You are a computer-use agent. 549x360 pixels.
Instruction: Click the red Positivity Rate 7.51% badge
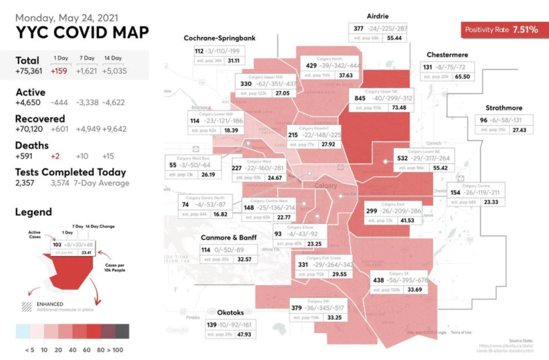[x=501, y=30]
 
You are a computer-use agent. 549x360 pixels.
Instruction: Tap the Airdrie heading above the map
[x=378, y=16]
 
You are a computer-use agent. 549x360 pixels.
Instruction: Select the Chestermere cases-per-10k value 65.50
[x=462, y=77]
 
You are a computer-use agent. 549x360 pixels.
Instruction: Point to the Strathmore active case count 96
[x=483, y=121]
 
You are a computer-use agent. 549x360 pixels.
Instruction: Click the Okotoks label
[x=230, y=312]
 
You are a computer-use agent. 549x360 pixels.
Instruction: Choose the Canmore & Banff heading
[x=228, y=237]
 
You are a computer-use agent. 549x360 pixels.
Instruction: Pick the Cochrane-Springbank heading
[x=219, y=38]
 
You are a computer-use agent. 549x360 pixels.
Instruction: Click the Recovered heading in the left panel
[x=40, y=118]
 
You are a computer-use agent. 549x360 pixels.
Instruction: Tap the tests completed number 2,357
[x=25, y=183]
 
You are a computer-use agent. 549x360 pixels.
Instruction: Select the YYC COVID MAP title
[x=82, y=32]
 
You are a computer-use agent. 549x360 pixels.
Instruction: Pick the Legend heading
[x=34, y=212]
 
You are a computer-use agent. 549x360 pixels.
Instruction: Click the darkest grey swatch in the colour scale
[x=122, y=331]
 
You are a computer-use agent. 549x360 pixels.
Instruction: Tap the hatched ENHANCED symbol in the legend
[x=26, y=307]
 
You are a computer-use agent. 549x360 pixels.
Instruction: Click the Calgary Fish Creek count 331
[x=303, y=265]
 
